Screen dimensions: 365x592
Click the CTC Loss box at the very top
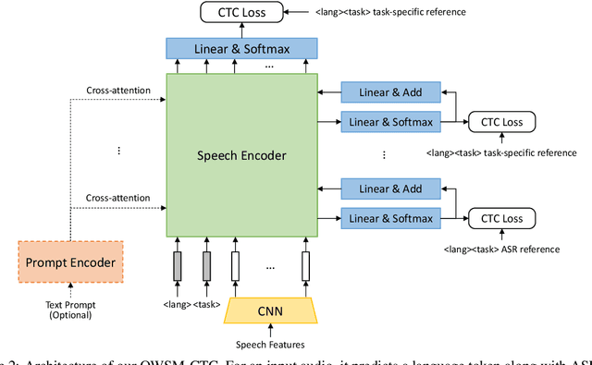(242, 13)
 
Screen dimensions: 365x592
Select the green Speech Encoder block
(240, 155)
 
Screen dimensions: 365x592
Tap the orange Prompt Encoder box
(70, 263)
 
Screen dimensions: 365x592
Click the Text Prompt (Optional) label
(70, 310)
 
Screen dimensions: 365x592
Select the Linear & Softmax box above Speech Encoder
(241, 48)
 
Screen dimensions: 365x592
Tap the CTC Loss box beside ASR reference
(501, 219)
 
